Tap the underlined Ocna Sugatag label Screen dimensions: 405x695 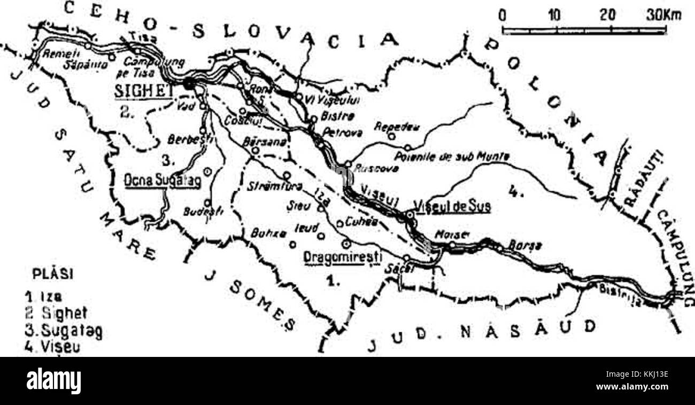[162, 181]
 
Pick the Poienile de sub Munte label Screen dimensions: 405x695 [452, 157]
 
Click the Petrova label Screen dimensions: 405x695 [337, 131]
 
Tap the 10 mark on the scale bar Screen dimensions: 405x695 [556, 14]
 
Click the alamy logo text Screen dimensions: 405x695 [53, 381]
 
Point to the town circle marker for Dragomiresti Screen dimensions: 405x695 [346, 244]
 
